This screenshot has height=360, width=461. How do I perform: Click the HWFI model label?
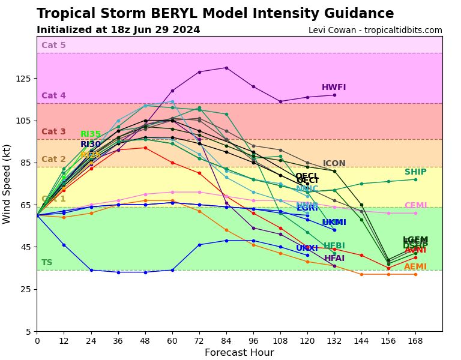(334, 88)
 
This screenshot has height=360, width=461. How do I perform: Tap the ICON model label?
(334, 164)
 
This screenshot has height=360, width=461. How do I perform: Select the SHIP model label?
(415, 172)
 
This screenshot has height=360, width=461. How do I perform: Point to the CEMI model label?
(415, 206)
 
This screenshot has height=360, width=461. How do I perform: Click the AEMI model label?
(415, 267)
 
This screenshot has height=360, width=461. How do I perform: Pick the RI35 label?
(91, 134)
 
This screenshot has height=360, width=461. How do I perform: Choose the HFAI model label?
(334, 259)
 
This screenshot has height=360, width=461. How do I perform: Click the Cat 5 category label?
(53, 46)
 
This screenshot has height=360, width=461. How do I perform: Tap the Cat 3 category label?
(53, 132)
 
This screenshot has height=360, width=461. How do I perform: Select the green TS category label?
(47, 263)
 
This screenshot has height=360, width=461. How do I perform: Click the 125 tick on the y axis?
(25, 79)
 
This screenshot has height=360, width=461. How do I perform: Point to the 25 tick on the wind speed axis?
(27, 289)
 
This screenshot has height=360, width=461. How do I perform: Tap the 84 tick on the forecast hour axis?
(226, 340)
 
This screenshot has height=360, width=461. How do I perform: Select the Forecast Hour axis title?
(239, 353)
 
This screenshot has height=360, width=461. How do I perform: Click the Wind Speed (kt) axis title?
(7, 184)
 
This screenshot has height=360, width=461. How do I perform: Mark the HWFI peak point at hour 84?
(226, 68)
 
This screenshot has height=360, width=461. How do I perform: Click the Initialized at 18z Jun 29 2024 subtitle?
(118, 30)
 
